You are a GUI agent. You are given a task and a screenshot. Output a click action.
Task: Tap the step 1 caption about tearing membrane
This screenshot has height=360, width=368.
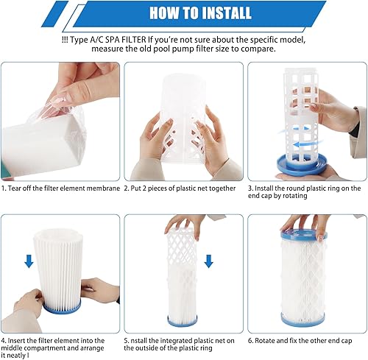[61, 188]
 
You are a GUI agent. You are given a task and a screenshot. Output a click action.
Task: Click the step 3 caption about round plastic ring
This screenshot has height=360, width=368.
[304, 193]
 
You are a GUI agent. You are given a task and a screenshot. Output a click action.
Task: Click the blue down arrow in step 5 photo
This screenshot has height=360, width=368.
[209, 261]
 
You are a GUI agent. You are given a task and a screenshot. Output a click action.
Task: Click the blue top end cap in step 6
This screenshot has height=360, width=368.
[304, 234]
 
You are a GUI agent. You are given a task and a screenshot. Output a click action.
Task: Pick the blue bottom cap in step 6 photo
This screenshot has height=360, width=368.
[302, 319]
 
